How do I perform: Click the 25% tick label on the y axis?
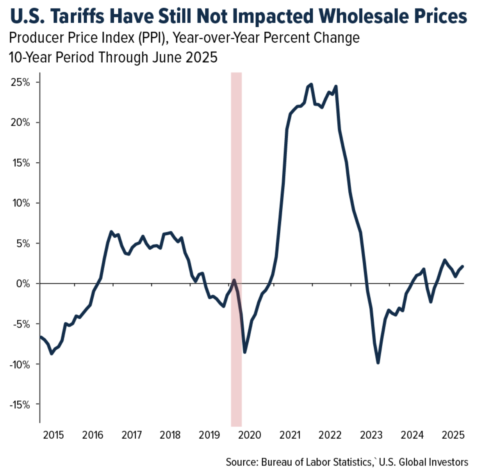tap(20, 82)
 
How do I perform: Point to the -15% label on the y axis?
tap(20, 405)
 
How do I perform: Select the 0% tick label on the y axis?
tap(23, 284)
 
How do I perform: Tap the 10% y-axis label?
tap(20, 203)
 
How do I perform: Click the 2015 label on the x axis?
tap(53, 435)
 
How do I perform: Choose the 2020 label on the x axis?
tap(250, 435)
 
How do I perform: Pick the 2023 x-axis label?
tap(371, 435)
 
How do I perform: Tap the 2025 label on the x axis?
tap(453, 435)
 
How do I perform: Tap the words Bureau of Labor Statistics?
tap(316, 462)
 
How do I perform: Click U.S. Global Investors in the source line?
tap(423, 462)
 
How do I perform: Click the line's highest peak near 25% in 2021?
tap(311, 84)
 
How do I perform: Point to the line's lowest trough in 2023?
tap(378, 363)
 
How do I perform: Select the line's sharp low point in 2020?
tap(245, 352)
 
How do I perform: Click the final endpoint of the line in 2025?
tap(463, 266)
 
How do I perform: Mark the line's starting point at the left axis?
tap(41, 336)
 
